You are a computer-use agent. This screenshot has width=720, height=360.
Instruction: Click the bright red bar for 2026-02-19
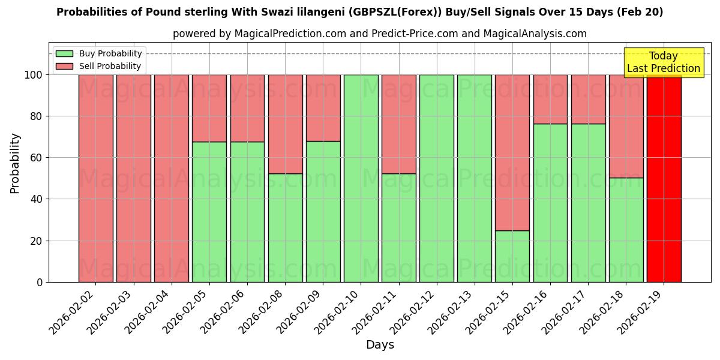pyautogui.click(x=664, y=178)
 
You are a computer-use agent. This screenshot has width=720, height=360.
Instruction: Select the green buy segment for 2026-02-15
pyautogui.click(x=512, y=256)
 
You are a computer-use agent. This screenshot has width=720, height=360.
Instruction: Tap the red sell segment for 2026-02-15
pyautogui.click(x=512, y=152)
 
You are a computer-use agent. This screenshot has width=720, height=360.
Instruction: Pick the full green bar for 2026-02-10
pyautogui.click(x=361, y=178)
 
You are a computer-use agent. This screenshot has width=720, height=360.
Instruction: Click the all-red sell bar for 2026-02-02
pyautogui.click(x=96, y=178)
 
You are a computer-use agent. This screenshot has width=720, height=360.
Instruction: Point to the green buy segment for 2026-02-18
pyautogui.click(x=626, y=230)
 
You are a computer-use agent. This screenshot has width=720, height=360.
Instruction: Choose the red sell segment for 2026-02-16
pyautogui.click(x=550, y=99)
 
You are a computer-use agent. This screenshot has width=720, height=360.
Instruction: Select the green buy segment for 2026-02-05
pyautogui.click(x=209, y=212)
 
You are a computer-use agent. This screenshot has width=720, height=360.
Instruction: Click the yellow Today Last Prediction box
pyautogui.click(x=663, y=62)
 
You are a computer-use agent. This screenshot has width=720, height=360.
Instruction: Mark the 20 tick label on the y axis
pyautogui.click(x=37, y=241)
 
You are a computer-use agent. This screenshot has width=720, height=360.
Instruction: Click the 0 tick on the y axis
pyautogui.click(x=40, y=283)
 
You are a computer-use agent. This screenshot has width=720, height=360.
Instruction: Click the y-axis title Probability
pyautogui.click(x=15, y=163)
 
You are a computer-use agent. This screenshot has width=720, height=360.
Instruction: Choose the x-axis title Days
pyautogui.click(x=380, y=345)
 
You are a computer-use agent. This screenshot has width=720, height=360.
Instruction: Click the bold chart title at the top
pyautogui.click(x=360, y=13)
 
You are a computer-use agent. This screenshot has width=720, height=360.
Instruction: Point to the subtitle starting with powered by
pyautogui.click(x=380, y=34)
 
